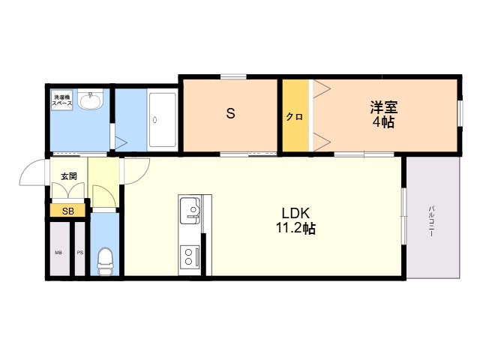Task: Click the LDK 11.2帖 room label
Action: pyautogui.click(x=295, y=220)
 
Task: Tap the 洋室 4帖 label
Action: pyautogui.click(x=383, y=114)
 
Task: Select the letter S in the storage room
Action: pyautogui.click(x=230, y=113)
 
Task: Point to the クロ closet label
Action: pyautogui.click(x=295, y=117)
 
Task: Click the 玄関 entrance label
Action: pyautogui.click(x=69, y=176)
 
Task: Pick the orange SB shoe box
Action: pyautogui.click(x=67, y=211)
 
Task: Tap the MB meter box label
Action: pyautogui.click(x=58, y=253)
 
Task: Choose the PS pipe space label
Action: pyautogui.click(x=80, y=253)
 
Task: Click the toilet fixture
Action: pyautogui.click(x=105, y=262)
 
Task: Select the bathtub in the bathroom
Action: pyautogui.click(x=162, y=120)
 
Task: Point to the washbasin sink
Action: pyautogui.click(x=90, y=99)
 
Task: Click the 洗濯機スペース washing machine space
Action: pyautogui.click(x=62, y=100)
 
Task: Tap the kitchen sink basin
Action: pyautogui.click(x=190, y=211)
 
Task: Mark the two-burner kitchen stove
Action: pyautogui.click(x=190, y=257)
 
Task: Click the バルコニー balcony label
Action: pyautogui.click(x=431, y=221)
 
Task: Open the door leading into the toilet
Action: pyautogui.click(x=104, y=196)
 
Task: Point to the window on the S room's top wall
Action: pyautogui.click(x=233, y=76)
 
